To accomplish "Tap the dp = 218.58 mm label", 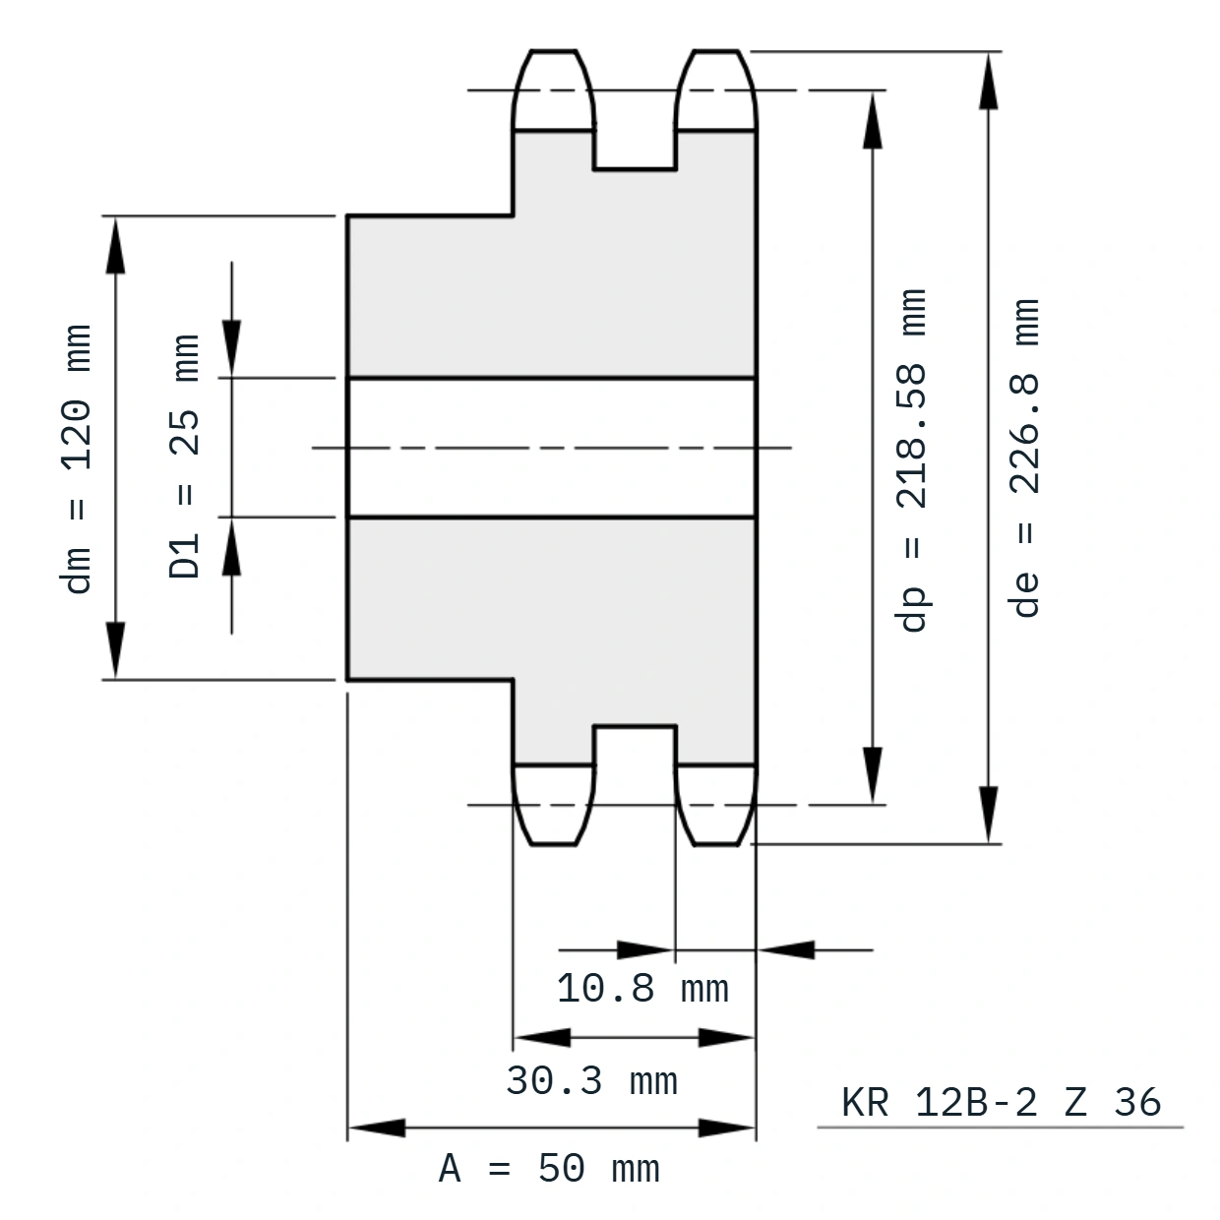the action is point(912,460).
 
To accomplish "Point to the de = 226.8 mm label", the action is point(1024,457).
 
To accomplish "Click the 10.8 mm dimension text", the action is point(642,988).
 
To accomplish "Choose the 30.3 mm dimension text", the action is point(592,1080).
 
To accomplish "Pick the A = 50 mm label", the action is point(549,1169).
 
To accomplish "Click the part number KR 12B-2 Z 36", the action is point(1001,1102).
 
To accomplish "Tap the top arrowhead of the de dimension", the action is point(989,81).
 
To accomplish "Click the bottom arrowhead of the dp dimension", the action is point(873,775).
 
